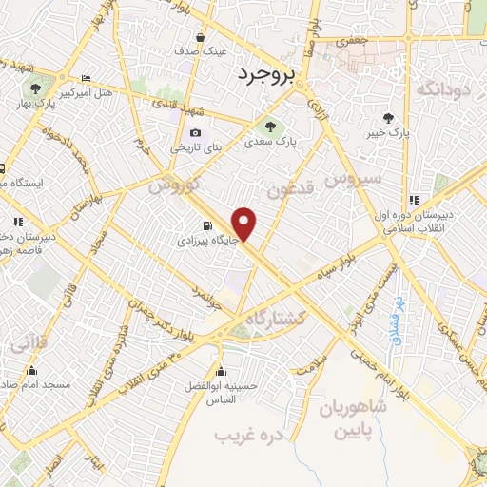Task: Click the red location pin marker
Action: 245,224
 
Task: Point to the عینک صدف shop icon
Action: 200,38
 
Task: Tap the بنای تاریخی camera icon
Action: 195,133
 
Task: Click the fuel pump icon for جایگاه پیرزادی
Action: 206,225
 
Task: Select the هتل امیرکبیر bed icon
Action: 87,79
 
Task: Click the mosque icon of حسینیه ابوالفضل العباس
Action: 222,371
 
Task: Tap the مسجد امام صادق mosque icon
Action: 32,371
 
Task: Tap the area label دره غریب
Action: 238,435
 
